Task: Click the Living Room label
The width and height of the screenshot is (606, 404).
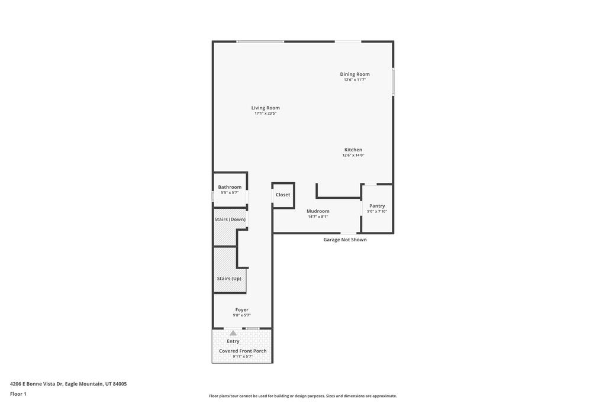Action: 266,108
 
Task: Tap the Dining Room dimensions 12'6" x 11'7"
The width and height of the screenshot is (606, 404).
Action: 355,80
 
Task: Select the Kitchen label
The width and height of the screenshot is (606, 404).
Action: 353,150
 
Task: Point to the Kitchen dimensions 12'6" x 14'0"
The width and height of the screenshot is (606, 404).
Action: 353,155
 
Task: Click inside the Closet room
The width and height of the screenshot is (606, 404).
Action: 283,195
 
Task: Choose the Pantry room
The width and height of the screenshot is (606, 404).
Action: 377,209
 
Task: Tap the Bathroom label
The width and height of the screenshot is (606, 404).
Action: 230,188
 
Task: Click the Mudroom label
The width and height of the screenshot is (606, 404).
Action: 318,211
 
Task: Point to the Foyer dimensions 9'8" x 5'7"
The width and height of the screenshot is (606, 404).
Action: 241,315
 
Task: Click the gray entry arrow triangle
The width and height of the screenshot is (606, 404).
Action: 233,333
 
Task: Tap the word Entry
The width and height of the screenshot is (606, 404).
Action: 233,341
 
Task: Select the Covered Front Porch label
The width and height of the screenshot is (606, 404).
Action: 243,351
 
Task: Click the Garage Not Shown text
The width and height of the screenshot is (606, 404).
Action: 345,240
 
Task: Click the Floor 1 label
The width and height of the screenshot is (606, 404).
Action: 18,395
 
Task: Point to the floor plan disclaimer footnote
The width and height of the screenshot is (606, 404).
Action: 303,396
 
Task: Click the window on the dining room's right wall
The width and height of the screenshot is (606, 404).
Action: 393,82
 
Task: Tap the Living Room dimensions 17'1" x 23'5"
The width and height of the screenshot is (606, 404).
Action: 266,114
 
